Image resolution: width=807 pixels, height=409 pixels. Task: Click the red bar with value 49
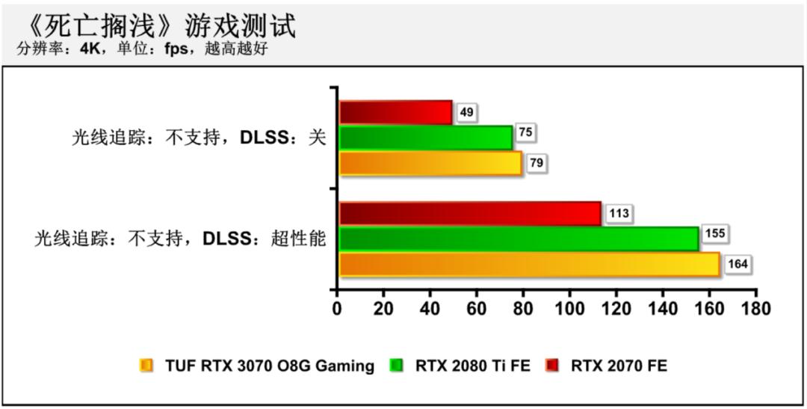coord(396,112)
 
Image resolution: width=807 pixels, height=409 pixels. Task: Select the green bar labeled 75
coord(426,138)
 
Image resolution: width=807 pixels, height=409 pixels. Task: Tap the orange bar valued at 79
coord(430,163)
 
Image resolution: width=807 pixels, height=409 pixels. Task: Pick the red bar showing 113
coord(470,213)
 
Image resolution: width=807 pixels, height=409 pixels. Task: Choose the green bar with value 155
coord(519,239)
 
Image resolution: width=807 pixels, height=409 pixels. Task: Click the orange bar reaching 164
coord(529,265)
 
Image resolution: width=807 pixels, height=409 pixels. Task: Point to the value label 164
coord(738,264)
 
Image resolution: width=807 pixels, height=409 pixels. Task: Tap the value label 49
coord(466,112)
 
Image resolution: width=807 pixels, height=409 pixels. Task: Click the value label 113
coord(619,213)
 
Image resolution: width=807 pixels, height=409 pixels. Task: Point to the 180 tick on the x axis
coord(755,308)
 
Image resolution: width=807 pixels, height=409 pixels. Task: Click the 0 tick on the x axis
coord(337,308)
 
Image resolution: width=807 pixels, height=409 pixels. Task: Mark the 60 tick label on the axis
coord(477,308)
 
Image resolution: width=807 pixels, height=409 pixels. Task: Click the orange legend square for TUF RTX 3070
coord(146,366)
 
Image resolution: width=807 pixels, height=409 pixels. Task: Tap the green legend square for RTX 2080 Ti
coord(397,366)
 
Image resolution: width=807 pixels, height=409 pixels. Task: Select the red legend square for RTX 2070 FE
coord(552,366)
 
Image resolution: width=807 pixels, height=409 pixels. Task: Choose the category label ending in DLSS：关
coord(199,138)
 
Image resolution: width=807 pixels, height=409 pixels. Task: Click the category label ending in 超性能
coord(180,239)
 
